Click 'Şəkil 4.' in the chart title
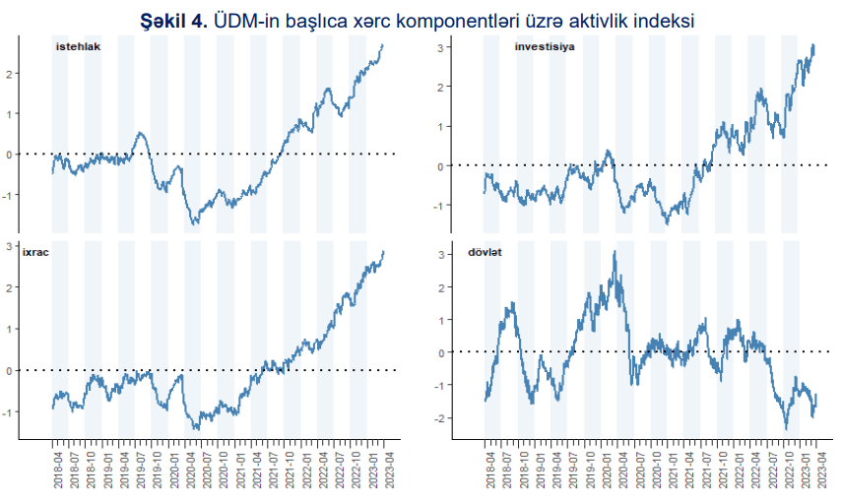click(x=175, y=19)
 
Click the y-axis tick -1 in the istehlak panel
click(x=7, y=194)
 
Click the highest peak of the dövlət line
click(x=615, y=252)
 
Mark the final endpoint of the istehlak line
click(x=383, y=45)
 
